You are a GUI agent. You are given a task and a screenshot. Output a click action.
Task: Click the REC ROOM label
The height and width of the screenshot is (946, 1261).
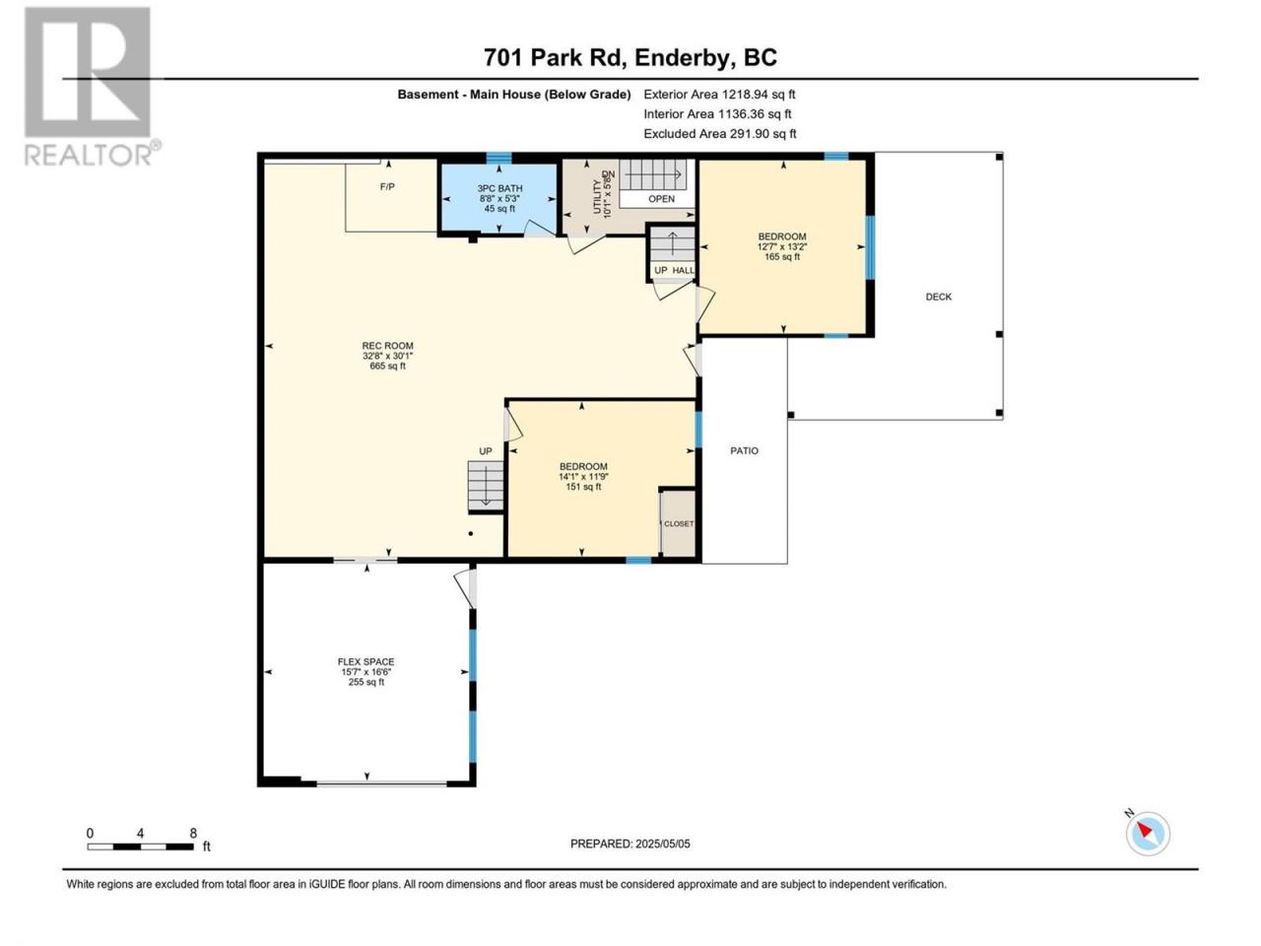click(x=387, y=346)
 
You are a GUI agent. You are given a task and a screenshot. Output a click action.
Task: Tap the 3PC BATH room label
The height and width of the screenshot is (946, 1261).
click(x=499, y=188)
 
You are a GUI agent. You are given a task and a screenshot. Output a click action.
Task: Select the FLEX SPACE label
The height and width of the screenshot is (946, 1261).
click(x=365, y=661)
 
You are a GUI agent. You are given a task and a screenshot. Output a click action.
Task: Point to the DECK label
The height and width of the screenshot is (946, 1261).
click(x=938, y=297)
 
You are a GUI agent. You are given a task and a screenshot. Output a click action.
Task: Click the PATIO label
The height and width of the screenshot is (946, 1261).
click(x=744, y=451)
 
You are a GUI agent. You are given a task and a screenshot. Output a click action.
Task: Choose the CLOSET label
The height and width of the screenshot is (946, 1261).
click(x=679, y=524)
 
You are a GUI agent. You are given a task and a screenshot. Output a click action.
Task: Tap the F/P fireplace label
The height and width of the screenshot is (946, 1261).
click(x=387, y=186)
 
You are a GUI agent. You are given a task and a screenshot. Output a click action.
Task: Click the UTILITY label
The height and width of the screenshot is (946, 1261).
click(x=597, y=196)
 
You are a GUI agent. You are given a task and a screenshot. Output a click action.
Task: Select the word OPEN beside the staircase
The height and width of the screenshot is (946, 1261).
click(x=661, y=199)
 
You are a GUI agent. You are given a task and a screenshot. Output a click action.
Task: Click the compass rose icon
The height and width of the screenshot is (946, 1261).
click(x=1147, y=834)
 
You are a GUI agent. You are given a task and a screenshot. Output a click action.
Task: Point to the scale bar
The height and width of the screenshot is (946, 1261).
click(x=141, y=846)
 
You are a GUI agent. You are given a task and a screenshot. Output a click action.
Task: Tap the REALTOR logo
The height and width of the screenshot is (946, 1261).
click(x=92, y=87)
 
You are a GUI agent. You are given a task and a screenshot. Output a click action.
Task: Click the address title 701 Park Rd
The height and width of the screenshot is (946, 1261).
click(x=554, y=57)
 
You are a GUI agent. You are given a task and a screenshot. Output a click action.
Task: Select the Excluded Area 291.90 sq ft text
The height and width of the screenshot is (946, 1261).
click(x=720, y=134)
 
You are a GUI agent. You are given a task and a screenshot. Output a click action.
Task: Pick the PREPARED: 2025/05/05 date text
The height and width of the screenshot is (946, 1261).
click(x=630, y=844)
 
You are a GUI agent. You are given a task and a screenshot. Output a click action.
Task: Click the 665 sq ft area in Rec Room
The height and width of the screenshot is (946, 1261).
click(x=388, y=366)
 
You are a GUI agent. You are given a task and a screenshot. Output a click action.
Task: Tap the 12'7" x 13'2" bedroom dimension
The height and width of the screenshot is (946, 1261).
click(x=782, y=246)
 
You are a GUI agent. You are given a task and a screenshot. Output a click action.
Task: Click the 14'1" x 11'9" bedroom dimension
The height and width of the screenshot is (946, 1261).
click(x=583, y=477)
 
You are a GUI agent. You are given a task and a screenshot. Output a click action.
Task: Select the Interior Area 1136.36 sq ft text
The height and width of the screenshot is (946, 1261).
click(x=717, y=114)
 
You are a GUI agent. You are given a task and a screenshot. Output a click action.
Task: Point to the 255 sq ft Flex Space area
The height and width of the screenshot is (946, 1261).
click(x=365, y=682)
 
